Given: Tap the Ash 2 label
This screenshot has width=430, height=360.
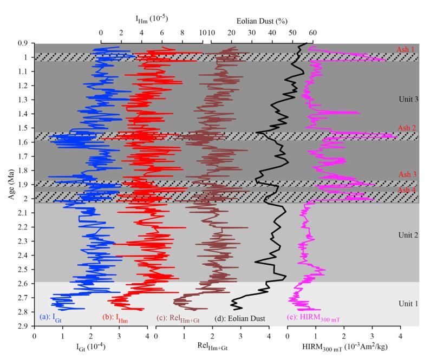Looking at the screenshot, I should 407,128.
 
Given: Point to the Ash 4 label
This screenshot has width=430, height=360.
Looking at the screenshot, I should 407,190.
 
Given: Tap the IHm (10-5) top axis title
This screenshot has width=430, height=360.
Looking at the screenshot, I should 152,19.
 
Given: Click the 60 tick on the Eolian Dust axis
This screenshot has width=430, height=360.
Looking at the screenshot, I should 311,34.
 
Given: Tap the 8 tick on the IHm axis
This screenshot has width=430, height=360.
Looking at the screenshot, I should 182,34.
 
